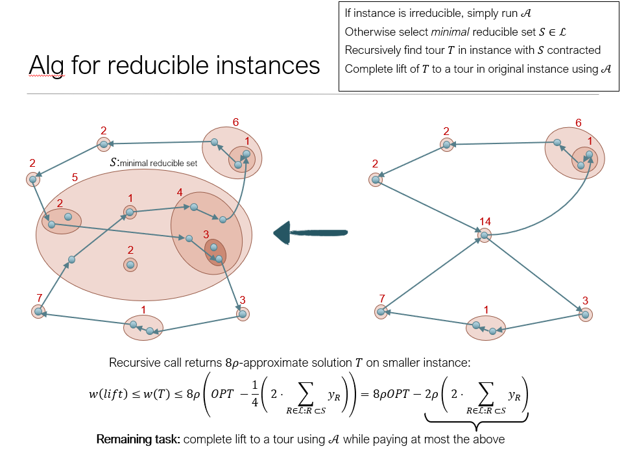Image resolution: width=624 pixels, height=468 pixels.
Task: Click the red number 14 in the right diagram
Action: click(485, 222)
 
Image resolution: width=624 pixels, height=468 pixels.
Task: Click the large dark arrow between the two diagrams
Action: click(311, 232)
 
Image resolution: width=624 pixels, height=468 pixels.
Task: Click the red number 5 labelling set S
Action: click(75, 177)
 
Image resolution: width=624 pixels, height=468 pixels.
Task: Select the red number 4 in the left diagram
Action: click(180, 192)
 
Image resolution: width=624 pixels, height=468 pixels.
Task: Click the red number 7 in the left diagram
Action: click(40, 298)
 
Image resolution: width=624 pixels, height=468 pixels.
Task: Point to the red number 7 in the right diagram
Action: click(382, 298)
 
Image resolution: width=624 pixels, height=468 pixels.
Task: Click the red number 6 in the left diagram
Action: click(235, 122)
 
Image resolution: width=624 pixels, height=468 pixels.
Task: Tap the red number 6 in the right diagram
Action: click(578, 122)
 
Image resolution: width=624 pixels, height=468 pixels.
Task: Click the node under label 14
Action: click(483, 235)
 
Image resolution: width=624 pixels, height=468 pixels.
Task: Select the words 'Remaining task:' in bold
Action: click(138, 439)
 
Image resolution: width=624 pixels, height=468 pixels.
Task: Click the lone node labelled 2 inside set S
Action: click(130, 264)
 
